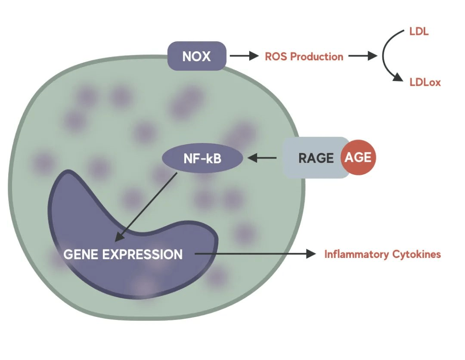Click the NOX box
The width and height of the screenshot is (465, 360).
tap(197, 56)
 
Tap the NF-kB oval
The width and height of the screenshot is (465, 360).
tap(202, 158)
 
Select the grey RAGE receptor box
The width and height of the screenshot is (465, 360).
tap(314, 158)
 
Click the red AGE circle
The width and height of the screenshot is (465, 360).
tap(358, 157)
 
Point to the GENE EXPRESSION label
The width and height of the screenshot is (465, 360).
tap(123, 254)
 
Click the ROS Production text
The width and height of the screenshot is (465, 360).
tap(304, 56)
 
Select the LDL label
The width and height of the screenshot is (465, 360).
tap(419, 32)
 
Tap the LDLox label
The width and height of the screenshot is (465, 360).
tap(425, 82)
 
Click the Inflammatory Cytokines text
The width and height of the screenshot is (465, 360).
tap(382, 254)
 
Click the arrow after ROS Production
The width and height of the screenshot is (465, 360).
tap(363, 56)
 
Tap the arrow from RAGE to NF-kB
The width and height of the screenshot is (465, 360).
tap(263, 158)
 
